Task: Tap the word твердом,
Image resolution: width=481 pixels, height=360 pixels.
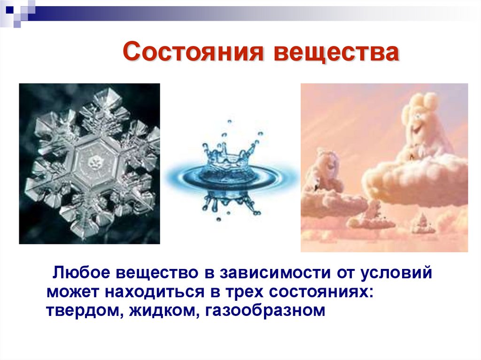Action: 82,310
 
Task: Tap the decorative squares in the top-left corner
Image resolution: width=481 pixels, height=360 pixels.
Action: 19,12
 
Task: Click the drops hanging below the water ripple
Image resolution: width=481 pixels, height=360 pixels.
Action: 230,204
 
